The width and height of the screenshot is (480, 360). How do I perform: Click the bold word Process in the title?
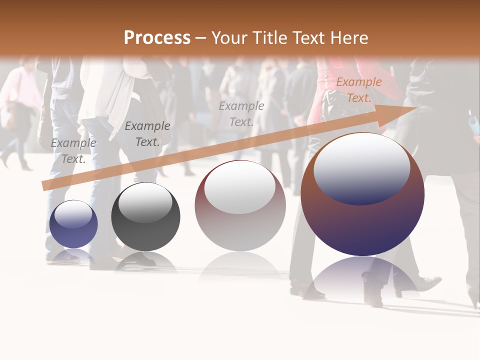[x=157, y=38]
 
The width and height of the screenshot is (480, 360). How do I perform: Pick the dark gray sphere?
[x=145, y=217]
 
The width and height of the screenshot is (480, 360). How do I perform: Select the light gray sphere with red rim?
[x=240, y=206]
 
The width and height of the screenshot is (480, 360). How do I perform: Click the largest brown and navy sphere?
[x=362, y=195]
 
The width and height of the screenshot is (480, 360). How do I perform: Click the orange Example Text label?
[x=358, y=90]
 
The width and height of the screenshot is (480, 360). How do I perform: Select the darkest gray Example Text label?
[x=147, y=134]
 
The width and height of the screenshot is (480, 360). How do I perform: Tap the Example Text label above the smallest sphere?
[x=73, y=151]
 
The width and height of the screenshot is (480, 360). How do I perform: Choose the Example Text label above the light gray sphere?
[x=241, y=113]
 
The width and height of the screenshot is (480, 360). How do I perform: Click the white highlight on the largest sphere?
[x=361, y=167]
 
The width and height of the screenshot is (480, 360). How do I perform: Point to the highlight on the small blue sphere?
[x=73, y=214]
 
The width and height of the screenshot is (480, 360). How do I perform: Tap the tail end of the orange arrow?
[x=44, y=186]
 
